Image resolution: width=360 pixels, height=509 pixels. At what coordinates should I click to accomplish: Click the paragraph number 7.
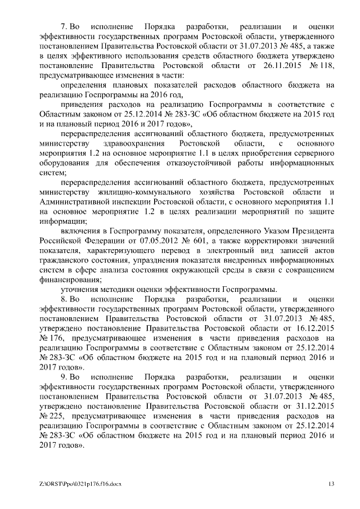click(x=64, y=27)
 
